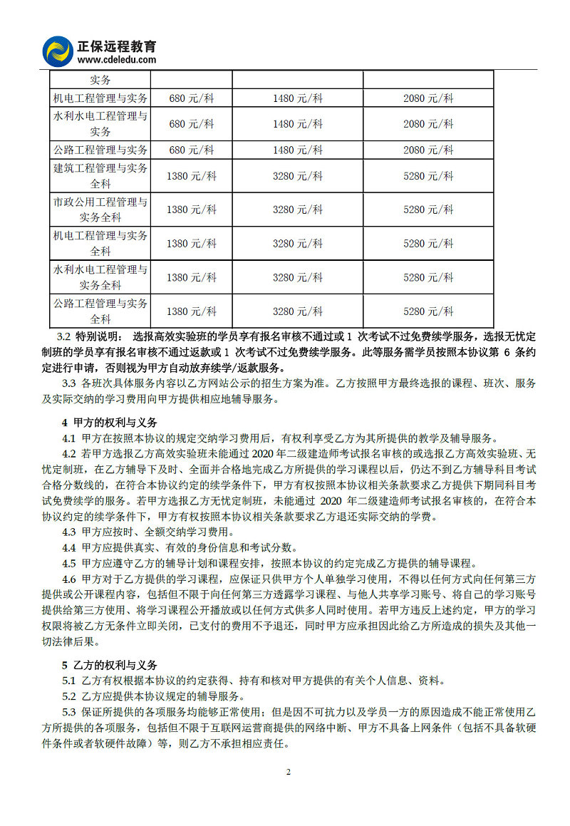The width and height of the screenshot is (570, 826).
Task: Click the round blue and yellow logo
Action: click(58, 51)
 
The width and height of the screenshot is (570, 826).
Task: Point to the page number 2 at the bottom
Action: click(289, 772)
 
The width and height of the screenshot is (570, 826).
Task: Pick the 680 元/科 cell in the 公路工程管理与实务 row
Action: click(192, 150)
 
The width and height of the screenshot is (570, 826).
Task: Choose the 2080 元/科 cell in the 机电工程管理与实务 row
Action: click(428, 98)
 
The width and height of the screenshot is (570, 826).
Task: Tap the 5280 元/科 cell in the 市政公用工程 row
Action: click(428, 210)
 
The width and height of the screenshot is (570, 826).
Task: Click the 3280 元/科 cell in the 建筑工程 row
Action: click(298, 176)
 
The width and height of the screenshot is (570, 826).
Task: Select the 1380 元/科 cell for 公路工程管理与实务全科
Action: click(192, 311)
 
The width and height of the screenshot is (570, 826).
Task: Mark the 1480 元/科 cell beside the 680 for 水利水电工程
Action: click(298, 124)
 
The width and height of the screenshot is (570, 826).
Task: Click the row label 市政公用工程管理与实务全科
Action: click(100, 210)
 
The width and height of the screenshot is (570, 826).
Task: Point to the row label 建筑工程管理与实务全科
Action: click(100, 176)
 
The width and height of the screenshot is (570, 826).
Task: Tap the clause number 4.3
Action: click(68, 532)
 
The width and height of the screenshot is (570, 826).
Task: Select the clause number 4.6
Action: click(68, 578)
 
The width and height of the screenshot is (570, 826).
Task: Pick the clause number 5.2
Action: click(68, 696)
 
